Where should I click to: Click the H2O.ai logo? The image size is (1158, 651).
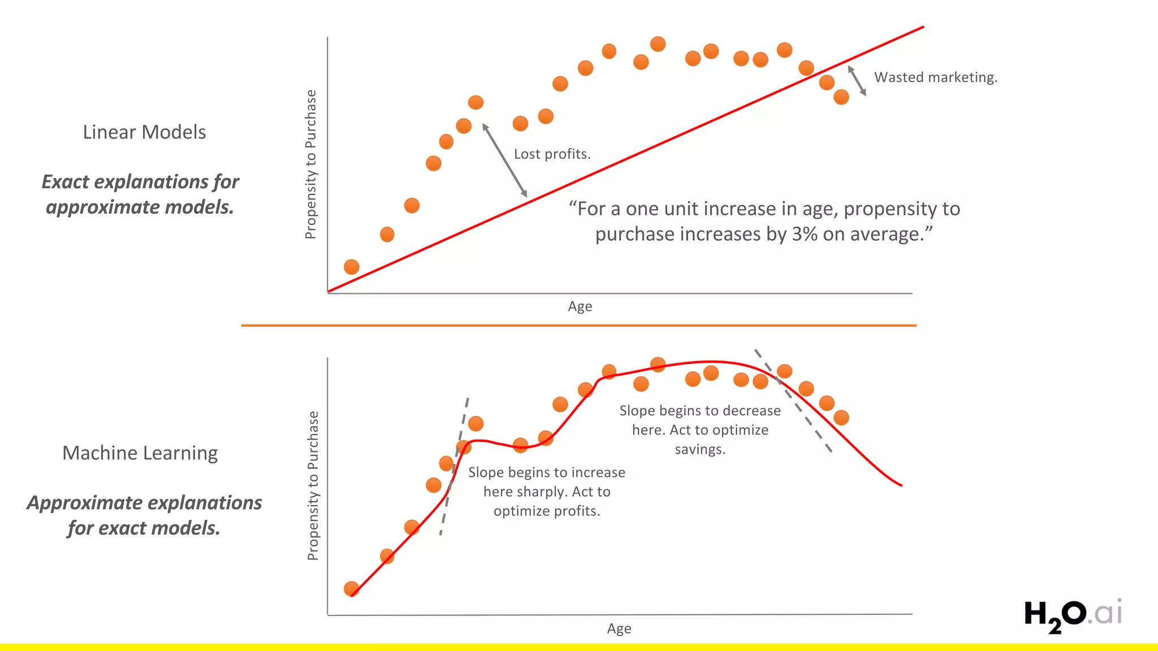[1072, 615]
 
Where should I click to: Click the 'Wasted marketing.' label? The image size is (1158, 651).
[936, 77]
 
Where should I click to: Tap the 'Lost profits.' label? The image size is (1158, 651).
[552, 154]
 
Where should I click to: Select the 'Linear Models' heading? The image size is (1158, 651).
[144, 132]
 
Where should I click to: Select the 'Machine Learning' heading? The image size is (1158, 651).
[140, 453]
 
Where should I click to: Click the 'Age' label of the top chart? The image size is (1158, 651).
[580, 307]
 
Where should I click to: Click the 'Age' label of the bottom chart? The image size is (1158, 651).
[619, 628]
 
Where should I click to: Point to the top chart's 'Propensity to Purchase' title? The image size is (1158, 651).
[310, 164]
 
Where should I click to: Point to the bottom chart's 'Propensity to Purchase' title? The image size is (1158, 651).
[313, 485]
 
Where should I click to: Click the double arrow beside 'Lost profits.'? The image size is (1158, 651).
[504, 160]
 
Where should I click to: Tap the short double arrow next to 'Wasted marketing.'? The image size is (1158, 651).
[857, 81]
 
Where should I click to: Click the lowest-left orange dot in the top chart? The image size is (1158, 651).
[352, 267]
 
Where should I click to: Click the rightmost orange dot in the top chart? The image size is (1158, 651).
[841, 97]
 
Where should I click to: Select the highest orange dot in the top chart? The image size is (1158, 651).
[658, 44]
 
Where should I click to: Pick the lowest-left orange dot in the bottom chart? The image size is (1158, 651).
[352, 589]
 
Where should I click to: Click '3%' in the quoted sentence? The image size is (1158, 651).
[804, 235]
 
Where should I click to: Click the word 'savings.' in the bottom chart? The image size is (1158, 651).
[699, 450]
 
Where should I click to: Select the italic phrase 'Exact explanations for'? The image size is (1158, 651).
[140, 182]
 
